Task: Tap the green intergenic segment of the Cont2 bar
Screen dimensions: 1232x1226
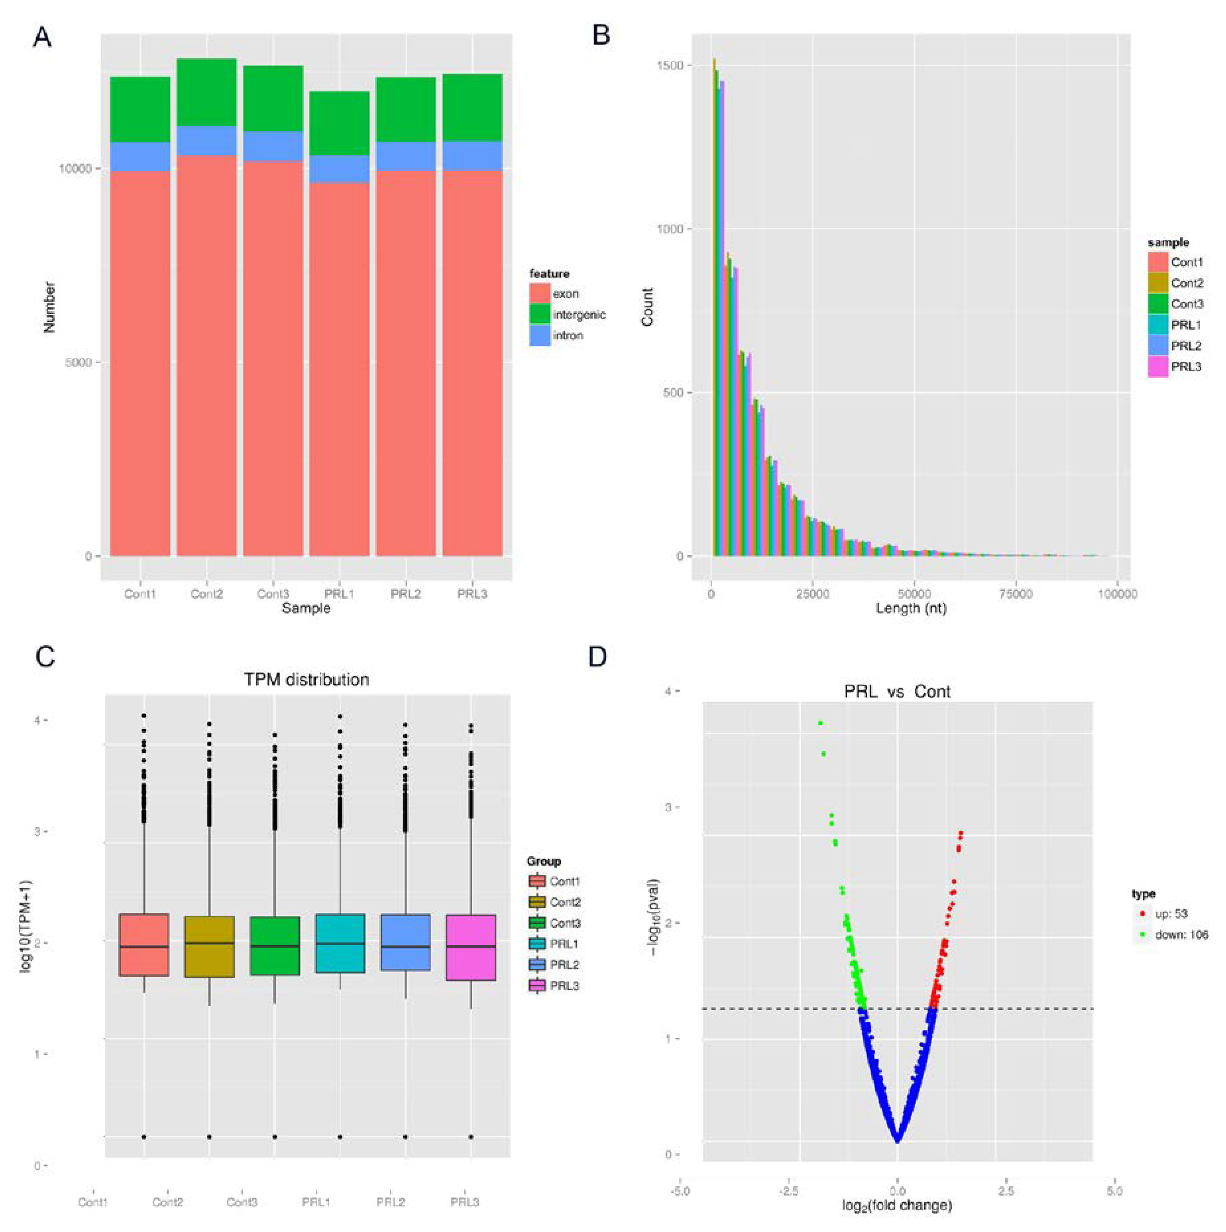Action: [207, 92]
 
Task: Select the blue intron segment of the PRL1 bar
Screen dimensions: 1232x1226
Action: [339, 169]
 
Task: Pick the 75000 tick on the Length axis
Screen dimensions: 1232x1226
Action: [1015, 594]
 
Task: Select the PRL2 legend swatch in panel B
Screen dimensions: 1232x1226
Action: [1158, 345]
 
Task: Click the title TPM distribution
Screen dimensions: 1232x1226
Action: [306, 680]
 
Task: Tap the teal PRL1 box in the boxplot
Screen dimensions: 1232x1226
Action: [340, 944]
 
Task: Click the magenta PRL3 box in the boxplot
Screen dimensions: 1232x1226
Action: [471, 947]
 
